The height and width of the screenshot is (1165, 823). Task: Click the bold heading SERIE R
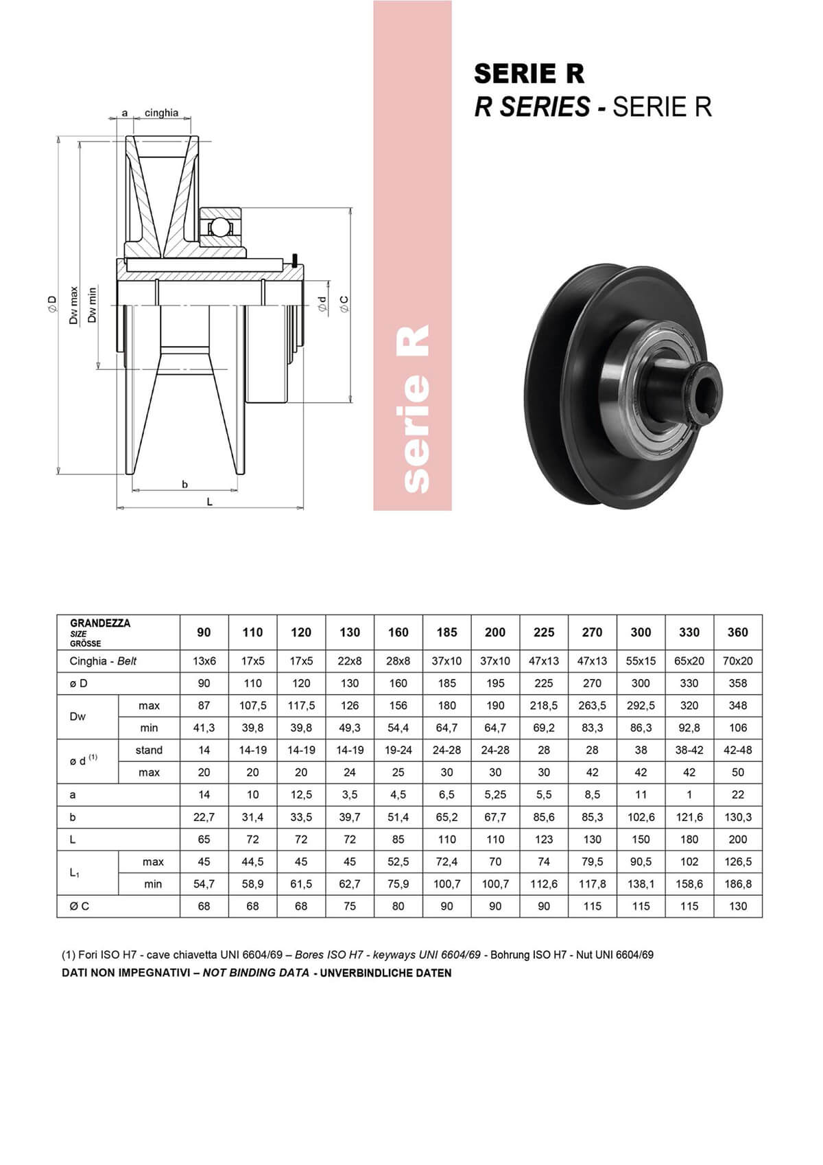tap(529, 73)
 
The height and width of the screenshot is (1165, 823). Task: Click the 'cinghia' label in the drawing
tap(161, 113)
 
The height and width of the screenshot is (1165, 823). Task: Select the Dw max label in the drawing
tap(74, 305)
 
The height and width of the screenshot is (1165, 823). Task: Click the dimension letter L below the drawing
tap(210, 502)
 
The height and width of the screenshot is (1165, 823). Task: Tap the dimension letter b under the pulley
tap(184, 484)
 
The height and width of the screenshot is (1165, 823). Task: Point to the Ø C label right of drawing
tap(344, 305)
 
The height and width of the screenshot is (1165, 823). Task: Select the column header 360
tap(737, 632)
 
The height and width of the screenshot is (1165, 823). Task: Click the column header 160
tap(398, 632)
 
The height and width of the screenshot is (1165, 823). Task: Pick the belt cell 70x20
tap(737, 661)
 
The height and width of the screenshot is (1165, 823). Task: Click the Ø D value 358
tap(737, 683)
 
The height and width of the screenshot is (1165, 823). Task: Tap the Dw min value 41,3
tap(204, 728)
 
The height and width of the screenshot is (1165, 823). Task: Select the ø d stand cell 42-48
tap(737, 750)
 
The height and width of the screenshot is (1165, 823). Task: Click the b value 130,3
tap(737, 817)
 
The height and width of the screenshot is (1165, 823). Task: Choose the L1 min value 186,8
tap(737, 884)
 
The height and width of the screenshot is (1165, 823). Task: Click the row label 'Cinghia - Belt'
tap(103, 661)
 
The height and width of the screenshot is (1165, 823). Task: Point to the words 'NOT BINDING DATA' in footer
tap(255, 973)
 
